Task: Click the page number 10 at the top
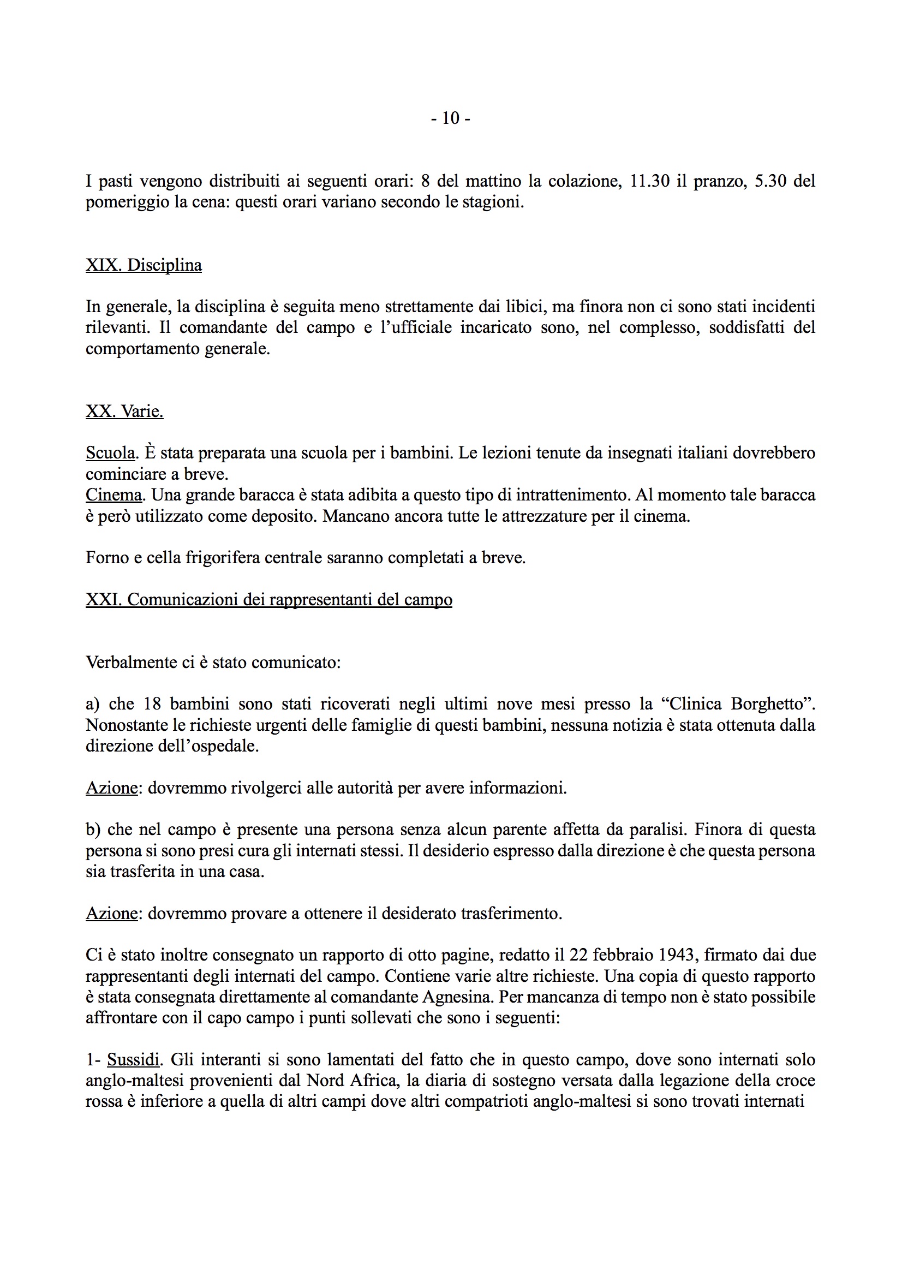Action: pos(450,118)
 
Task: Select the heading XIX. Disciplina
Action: pos(144,265)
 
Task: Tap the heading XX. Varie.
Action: pos(124,412)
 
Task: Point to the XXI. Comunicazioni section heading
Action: pos(268,600)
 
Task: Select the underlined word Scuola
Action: pos(110,453)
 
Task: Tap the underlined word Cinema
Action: pos(114,494)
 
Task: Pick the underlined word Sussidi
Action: pos(133,1060)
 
